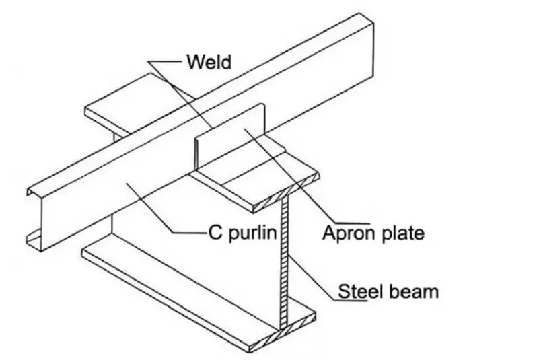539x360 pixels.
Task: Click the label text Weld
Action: (209, 63)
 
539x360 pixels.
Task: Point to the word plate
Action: (402, 233)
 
